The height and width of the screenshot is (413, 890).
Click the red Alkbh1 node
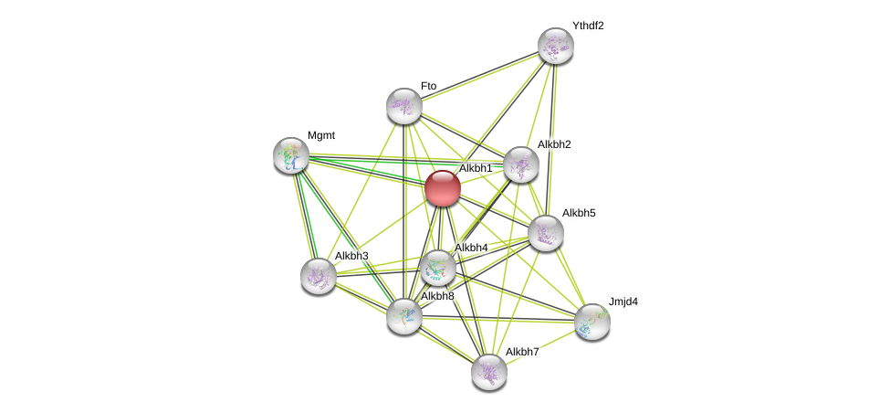tap(443, 188)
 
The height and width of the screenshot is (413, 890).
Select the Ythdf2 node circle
tap(555, 46)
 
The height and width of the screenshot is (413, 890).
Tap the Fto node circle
tap(403, 106)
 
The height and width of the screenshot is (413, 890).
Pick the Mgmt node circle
tap(291, 155)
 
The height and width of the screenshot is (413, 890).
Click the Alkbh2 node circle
tap(520, 164)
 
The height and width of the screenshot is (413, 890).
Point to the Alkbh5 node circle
tap(546, 233)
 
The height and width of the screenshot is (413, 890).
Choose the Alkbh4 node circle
tap(438, 268)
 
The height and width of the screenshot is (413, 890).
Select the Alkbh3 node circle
tap(319, 275)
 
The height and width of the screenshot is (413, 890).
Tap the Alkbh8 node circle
tap(403, 316)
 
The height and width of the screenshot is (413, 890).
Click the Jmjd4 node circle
tap(592, 321)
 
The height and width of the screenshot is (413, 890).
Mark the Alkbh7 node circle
tap(489, 371)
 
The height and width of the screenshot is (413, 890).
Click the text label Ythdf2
tap(588, 26)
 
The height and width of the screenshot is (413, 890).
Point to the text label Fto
tap(428, 86)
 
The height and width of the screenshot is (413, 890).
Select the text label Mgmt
tap(320, 135)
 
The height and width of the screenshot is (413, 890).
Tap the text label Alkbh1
tap(476, 168)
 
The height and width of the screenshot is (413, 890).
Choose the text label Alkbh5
tap(578, 213)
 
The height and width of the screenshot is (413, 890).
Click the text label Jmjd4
tap(623, 302)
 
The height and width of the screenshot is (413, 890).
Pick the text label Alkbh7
tap(522, 352)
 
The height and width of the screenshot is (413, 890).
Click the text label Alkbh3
tap(351, 256)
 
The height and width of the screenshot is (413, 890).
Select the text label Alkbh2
tap(554, 144)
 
